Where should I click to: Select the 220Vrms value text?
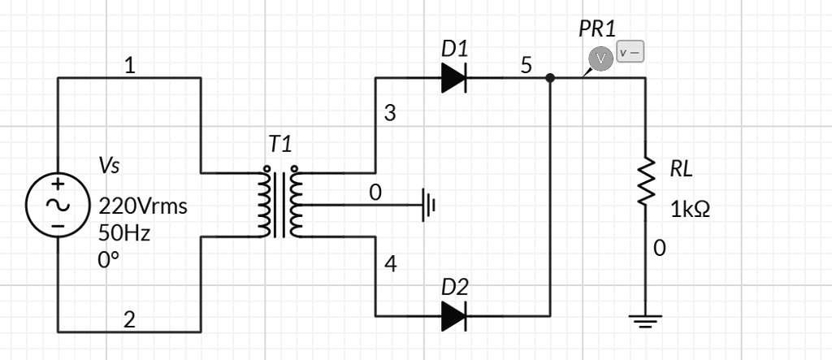point(143,206)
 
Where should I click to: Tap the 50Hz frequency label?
point(124,233)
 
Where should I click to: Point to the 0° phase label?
point(109,260)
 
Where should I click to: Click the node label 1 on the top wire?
point(129,66)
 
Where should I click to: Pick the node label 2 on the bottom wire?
point(129,320)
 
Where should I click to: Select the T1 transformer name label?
point(280,145)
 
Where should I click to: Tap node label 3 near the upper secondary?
point(390,114)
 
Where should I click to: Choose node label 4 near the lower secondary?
point(390,265)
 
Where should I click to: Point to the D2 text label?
point(454,287)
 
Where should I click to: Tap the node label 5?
point(526,66)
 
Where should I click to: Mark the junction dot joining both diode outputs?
point(550,78)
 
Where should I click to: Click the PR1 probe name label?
point(597,29)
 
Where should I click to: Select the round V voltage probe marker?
point(600,59)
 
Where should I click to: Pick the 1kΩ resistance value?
point(690,210)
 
